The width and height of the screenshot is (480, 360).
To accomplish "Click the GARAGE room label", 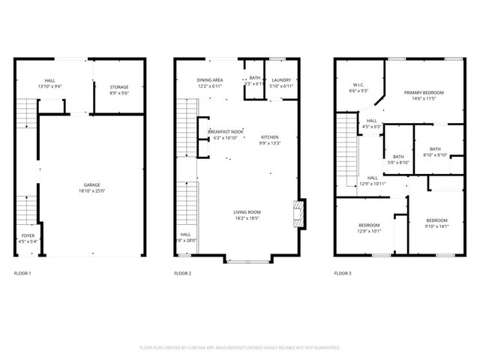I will [x=92, y=185].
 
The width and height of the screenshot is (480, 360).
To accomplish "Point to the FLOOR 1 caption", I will [x=22, y=274].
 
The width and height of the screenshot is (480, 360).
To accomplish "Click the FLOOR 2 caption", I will [x=182, y=274].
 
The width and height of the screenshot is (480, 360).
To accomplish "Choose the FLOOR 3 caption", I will [x=342, y=274].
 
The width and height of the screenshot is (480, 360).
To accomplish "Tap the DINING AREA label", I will [x=210, y=79].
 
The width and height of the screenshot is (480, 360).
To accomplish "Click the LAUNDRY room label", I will [x=281, y=79].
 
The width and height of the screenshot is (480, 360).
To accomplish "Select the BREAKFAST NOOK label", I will [x=225, y=132].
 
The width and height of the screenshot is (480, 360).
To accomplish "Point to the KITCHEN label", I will [x=269, y=137].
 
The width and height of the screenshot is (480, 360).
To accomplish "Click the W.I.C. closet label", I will [x=358, y=85].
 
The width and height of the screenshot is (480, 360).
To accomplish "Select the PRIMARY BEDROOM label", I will [x=424, y=93].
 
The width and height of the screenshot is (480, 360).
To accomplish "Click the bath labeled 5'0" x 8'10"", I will [x=398, y=157].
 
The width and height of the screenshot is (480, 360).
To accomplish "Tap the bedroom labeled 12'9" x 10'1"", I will [x=368, y=225].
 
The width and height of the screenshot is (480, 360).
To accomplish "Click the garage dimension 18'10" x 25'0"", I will [x=92, y=191].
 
